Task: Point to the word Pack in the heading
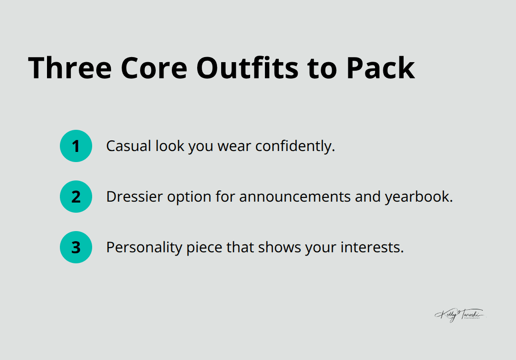tap(381, 68)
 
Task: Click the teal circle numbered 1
tap(76, 146)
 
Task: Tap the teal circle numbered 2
tap(76, 197)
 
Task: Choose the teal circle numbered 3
tap(76, 248)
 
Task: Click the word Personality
tap(144, 248)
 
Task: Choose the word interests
tap(372, 248)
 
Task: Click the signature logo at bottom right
tap(460, 315)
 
